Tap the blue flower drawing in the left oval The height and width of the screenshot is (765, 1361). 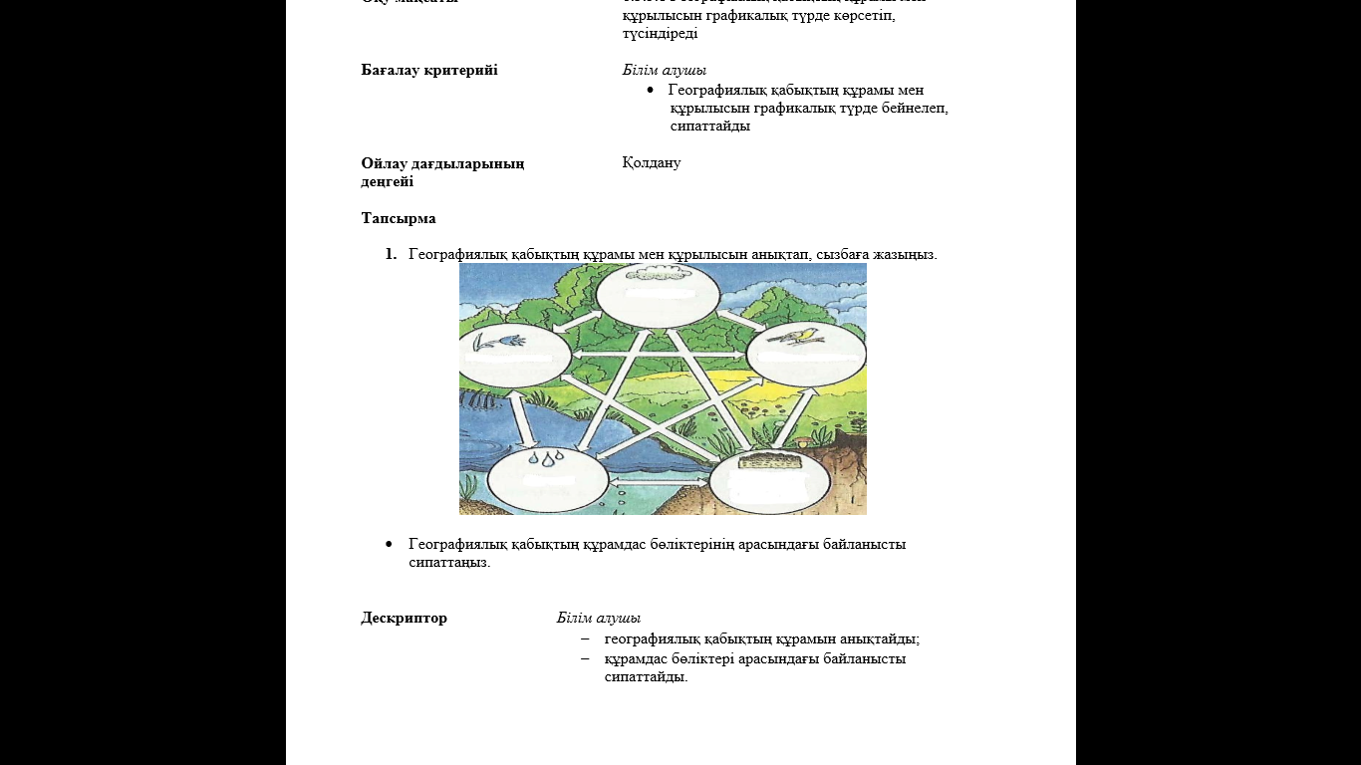point(492,341)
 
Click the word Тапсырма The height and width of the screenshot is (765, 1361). point(399,218)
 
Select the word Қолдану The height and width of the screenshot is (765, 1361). point(652,162)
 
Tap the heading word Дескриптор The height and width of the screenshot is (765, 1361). point(404,618)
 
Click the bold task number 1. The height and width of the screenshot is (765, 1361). point(391,254)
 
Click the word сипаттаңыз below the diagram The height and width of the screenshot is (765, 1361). point(449,562)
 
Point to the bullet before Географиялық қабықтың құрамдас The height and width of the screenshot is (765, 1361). point(390,544)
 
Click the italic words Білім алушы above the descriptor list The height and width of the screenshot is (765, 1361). point(599,618)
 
